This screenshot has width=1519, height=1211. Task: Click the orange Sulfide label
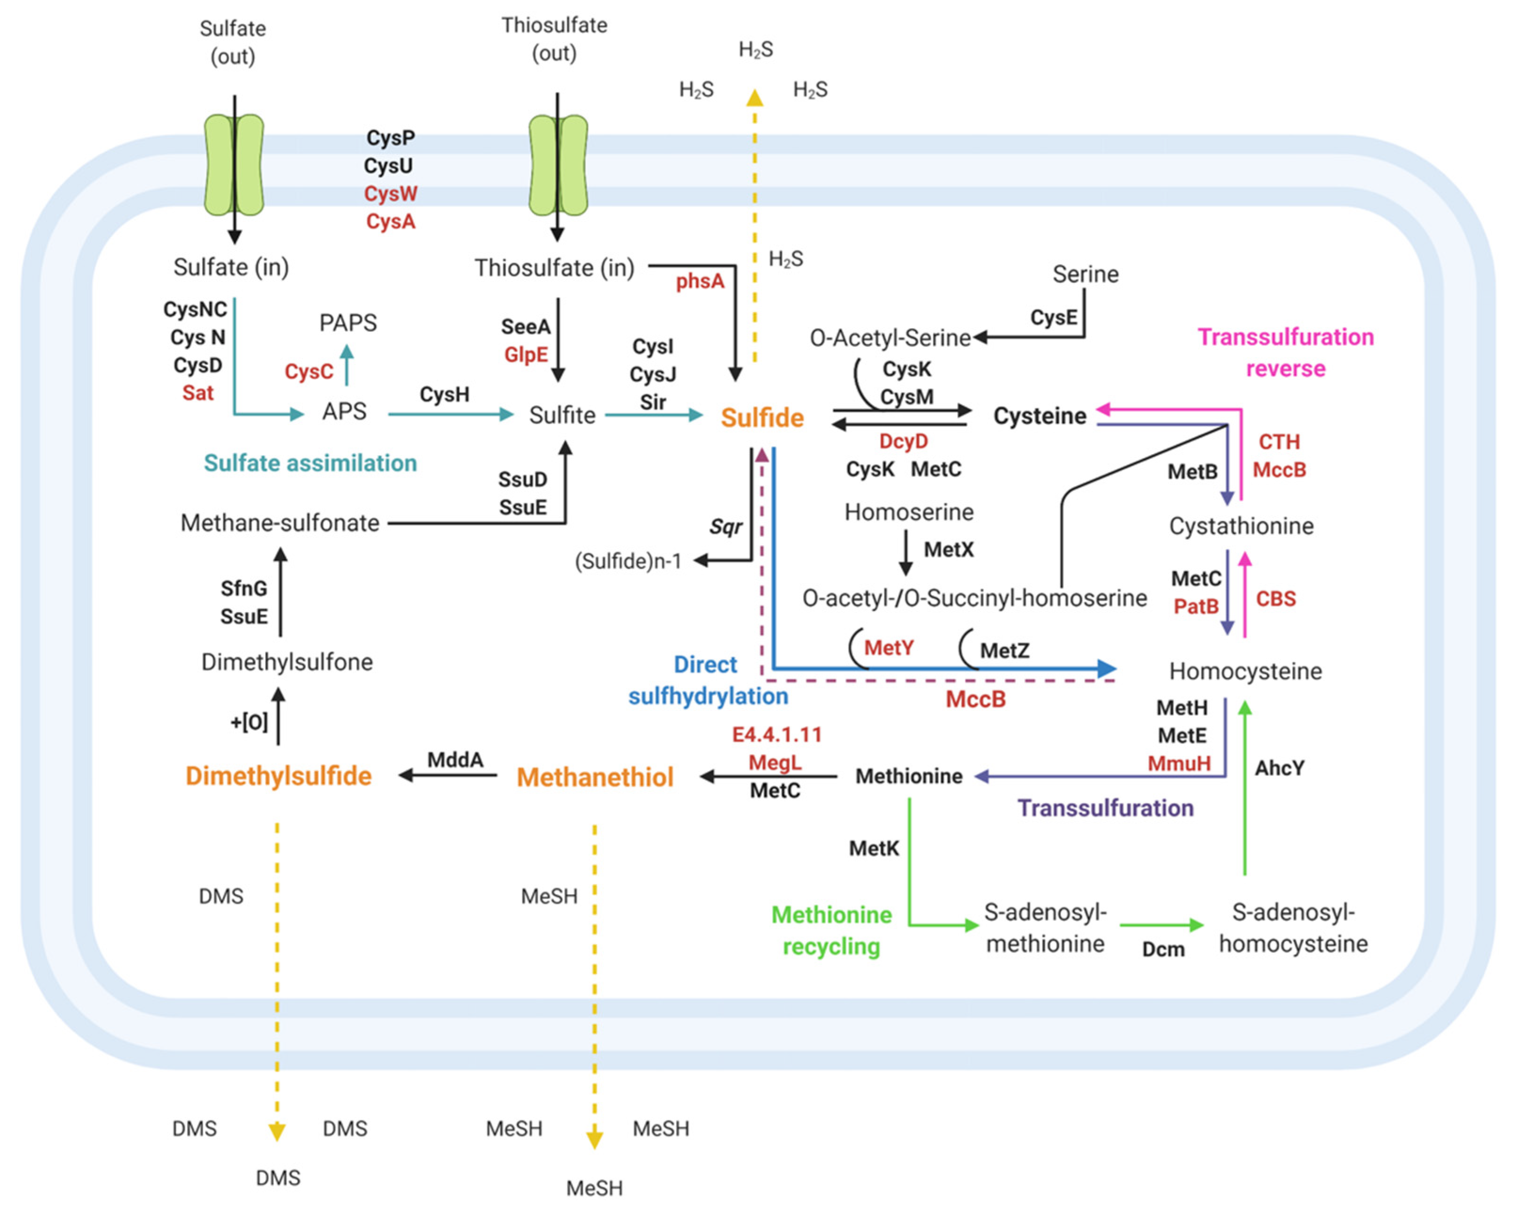762,418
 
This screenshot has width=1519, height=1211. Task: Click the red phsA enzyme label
700,282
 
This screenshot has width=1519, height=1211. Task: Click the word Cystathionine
1241,526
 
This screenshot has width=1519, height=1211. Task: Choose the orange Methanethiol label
595,777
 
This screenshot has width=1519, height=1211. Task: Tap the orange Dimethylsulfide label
278,776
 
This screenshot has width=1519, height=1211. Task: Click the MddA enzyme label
455,759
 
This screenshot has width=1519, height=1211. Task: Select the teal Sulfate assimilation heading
310,463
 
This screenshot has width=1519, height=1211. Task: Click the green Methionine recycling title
831,930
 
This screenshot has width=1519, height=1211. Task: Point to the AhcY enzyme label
1279,768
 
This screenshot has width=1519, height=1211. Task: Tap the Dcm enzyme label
1163,950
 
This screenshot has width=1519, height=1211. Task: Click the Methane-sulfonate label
280,523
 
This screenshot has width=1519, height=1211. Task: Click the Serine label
1085,274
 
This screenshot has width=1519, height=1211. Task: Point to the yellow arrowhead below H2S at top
755,98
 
